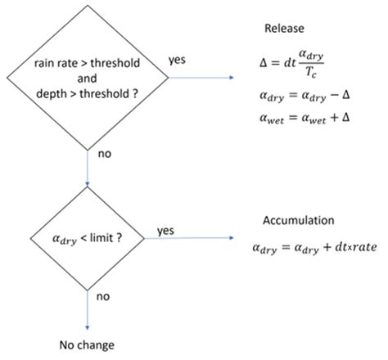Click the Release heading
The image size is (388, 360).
click(284, 29)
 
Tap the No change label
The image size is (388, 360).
click(87, 344)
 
